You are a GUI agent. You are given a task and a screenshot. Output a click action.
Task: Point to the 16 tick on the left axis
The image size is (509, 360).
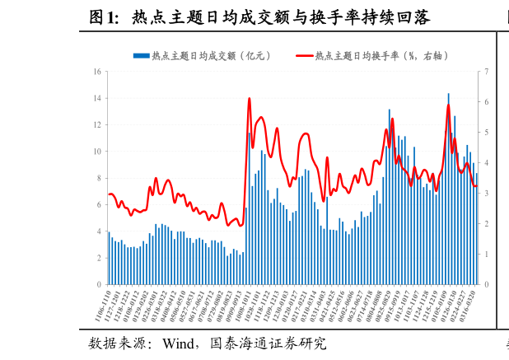point(97,72)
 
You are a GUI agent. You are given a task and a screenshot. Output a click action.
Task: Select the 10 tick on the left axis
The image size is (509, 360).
point(97,152)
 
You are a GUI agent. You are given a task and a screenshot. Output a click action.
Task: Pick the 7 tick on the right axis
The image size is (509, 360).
point(487,72)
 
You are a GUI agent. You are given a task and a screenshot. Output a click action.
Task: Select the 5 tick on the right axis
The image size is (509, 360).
point(487,133)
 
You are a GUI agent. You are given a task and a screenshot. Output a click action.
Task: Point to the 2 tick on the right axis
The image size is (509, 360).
point(487,224)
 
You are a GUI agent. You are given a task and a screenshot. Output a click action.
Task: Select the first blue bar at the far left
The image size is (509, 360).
point(109,259)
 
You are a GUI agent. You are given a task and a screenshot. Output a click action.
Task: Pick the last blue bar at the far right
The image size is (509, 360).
point(476,229)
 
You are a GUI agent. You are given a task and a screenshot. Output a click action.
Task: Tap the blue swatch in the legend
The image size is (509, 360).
point(141,56)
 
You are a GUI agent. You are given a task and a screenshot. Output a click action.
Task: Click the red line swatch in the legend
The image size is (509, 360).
point(303,56)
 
